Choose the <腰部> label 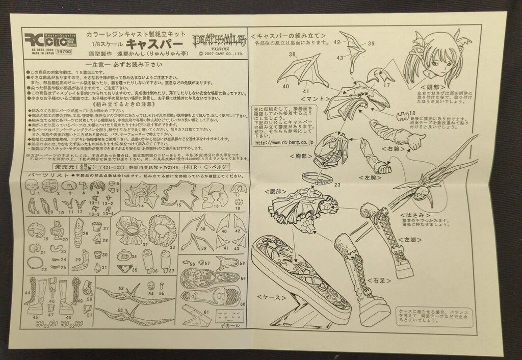pyautogui.click(x=273, y=191)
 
